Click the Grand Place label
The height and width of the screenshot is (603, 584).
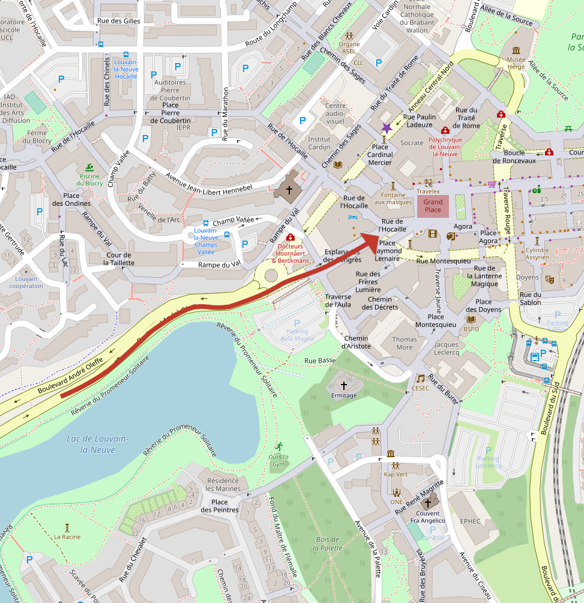click(433, 206)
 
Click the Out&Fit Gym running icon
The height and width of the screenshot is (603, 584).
click(278, 446)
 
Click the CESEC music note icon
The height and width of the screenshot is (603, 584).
click(421, 378)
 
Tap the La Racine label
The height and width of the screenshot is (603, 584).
click(67, 536)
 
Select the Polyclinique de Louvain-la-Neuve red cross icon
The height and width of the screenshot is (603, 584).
click(445, 131)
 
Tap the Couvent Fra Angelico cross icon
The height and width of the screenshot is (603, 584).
click(428, 503)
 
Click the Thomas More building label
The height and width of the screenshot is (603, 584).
click(405, 343)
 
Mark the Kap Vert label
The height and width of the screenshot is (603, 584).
click(396, 474)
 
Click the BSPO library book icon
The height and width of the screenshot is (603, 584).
click(471, 319)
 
